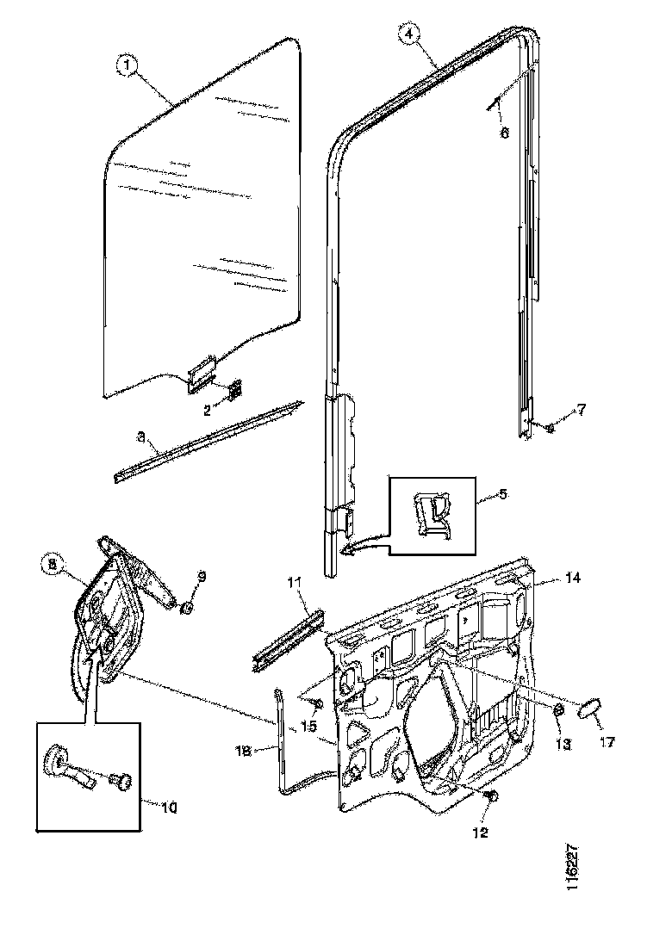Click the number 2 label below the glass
tap(208, 411)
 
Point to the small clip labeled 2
tap(234, 388)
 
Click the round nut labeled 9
tap(185, 610)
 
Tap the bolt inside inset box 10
tap(124, 782)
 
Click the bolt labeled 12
tap(492, 797)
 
